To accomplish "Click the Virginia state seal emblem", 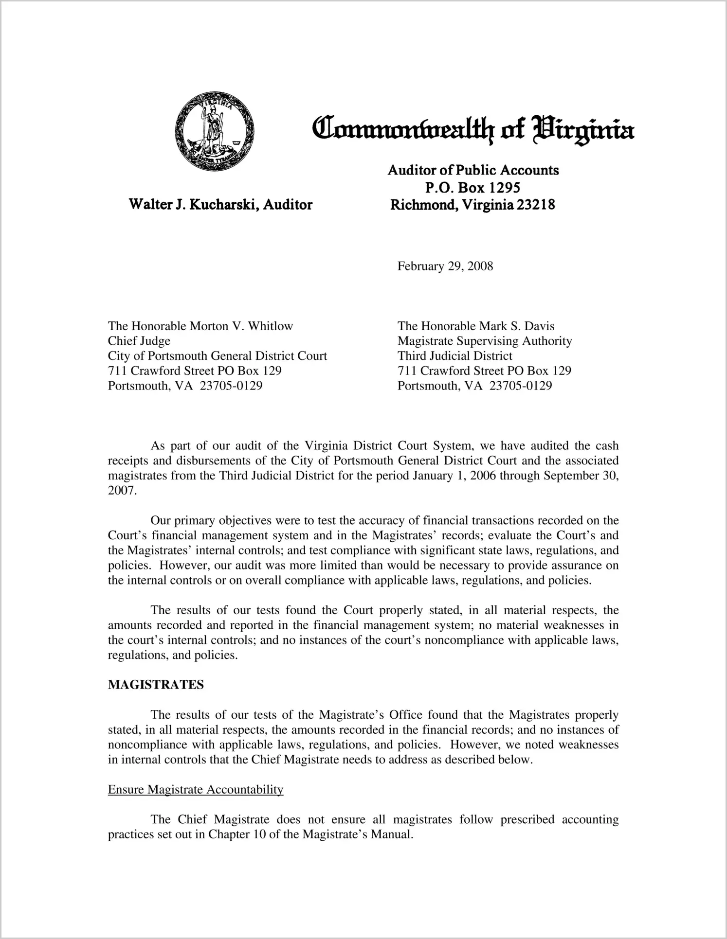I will click(x=214, y=130).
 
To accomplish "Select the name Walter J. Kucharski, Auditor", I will click(x=220, y=205).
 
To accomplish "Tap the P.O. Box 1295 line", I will click(x=473, y=187).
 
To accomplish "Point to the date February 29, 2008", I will click(x=445, y=266).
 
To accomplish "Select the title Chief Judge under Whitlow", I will click(x=139, y=341).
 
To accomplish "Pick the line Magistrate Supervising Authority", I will click(x=484, y=341).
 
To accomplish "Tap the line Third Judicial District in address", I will click(x=454, y=356).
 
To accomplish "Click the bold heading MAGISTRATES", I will click(x=156, y=685).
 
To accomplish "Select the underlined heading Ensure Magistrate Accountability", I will click(x=195, y=789).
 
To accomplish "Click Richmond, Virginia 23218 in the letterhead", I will click(x=473, y=205).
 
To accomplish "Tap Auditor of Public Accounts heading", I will click(x=473, y=170).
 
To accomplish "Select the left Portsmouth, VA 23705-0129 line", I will click(x=185, y=386).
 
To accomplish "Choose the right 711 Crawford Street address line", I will click(x=484, y=371).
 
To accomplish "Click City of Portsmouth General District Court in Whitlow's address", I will click(x=217, y=356).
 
